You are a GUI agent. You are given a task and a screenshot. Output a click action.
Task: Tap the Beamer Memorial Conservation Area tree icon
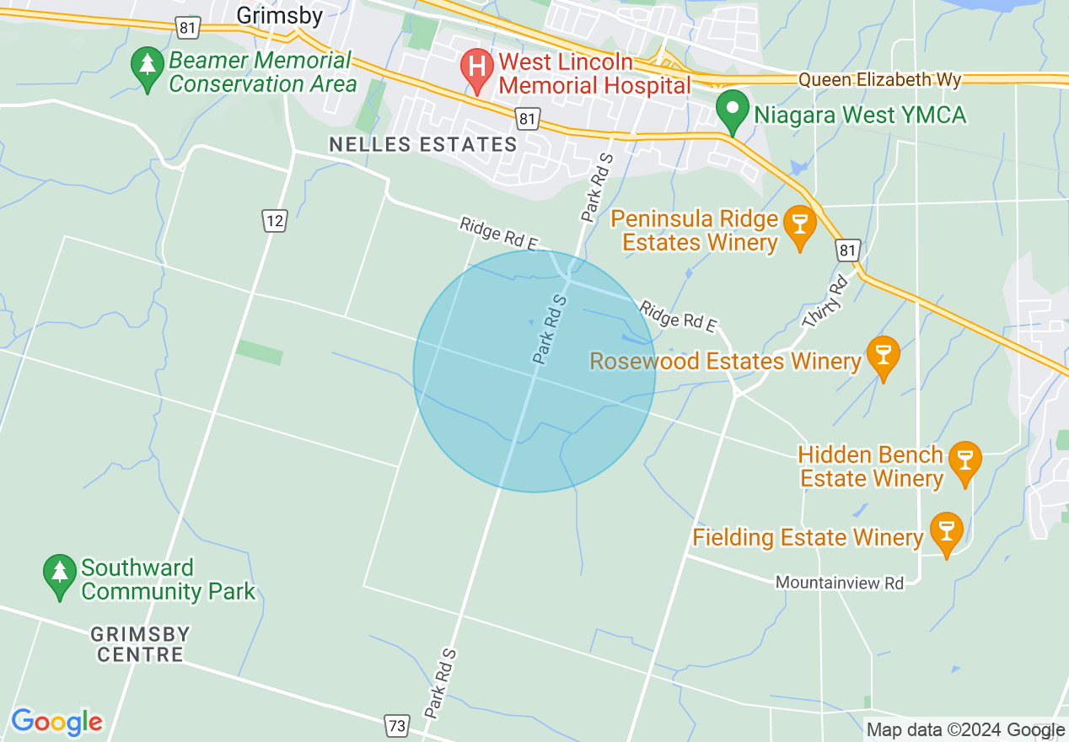148,65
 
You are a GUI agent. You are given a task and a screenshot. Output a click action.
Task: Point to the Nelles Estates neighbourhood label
422,144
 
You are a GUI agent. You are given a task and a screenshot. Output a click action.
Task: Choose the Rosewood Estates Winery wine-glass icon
884,355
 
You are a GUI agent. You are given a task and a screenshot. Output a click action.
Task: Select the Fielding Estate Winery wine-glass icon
946,531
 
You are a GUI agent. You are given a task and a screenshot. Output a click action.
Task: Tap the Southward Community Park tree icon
59,573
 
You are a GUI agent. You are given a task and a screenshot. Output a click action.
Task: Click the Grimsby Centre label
140,643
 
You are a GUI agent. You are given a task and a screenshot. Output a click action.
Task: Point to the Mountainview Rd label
839,583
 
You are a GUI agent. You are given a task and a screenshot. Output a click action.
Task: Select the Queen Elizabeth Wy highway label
879,80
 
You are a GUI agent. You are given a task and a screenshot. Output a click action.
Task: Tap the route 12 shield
275,221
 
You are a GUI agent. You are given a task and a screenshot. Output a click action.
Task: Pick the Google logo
56,722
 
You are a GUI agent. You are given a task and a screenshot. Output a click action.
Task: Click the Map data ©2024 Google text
965,730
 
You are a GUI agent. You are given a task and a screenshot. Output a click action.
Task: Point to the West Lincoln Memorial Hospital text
594,73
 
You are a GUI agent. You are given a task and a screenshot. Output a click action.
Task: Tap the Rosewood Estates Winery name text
724,361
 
